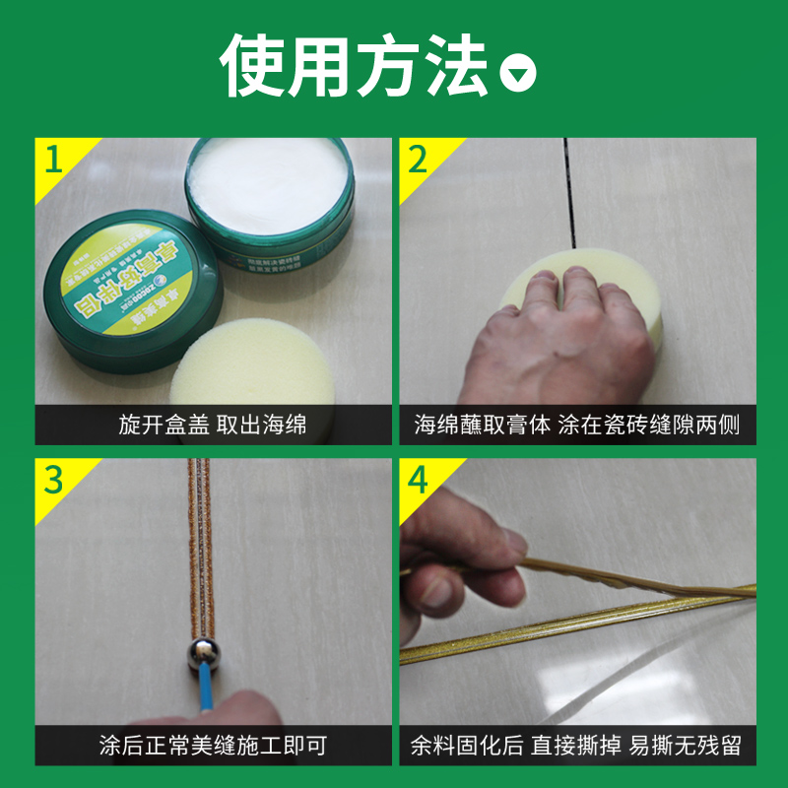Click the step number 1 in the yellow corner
[x=50, y=157]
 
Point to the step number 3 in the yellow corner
[x=52, y=480]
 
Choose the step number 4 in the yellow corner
[x=418, y=480]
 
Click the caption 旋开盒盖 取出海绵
[x=212, y=426]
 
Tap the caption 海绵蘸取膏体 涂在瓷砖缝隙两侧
[x=576, y=426]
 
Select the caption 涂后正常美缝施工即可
[x=212, y=746]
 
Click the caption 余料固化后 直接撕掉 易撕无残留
[x=576, y=746]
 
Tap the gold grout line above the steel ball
[x=200, y=552]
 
